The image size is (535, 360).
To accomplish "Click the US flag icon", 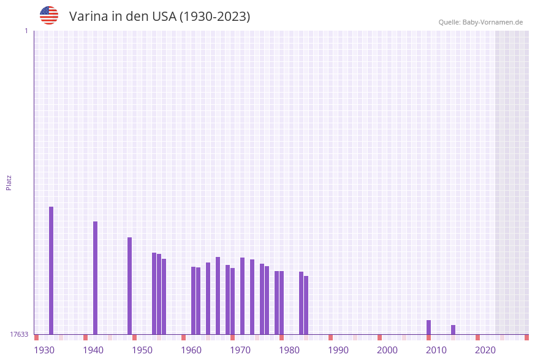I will tap(49, 15).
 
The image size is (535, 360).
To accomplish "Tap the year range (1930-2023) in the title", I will tap(214, 17).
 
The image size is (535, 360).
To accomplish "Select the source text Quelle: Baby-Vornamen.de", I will tap(480, 22).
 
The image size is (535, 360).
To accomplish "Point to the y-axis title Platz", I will tap(9, 182).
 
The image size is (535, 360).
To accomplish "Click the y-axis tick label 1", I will tap(26, 31).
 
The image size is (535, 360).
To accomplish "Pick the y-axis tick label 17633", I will tap(19, 334).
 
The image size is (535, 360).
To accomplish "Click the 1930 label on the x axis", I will tap(44, 350).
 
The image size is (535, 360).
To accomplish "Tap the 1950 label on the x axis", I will tap(142, 350).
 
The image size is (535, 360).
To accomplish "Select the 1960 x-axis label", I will tap(191, 350).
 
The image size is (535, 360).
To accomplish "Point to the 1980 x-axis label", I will tap(289, 350).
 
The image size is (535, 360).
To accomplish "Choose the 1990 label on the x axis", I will tap(338, 350).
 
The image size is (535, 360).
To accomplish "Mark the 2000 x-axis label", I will tap(387, 350).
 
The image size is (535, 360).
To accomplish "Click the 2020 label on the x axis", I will tap(485, 350).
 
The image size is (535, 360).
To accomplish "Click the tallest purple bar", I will tap(51, 270).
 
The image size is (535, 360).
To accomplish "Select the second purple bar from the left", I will tap(96, 277).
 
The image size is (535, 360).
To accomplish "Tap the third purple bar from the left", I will tap(130, 285).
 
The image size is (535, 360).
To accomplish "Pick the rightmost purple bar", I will tap(453, 329).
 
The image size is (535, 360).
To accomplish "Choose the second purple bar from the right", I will tap(429, 327).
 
